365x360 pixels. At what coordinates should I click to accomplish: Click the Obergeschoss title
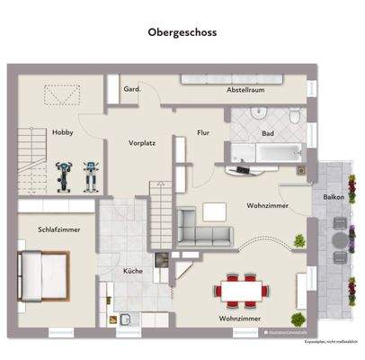click(182, 31)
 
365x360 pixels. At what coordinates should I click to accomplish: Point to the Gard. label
click(131, 90)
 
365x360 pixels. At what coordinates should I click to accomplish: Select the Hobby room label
click(62, 132)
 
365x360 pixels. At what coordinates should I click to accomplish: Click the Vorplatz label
click(142, 142)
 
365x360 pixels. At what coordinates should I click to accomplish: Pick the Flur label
click(204, 132)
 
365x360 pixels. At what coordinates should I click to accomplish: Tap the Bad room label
click(267, 132)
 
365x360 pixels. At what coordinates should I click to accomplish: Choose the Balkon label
click(334, 196)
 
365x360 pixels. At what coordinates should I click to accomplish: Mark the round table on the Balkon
click(336, 241)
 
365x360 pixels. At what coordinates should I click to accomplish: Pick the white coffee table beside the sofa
click(216, 211)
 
